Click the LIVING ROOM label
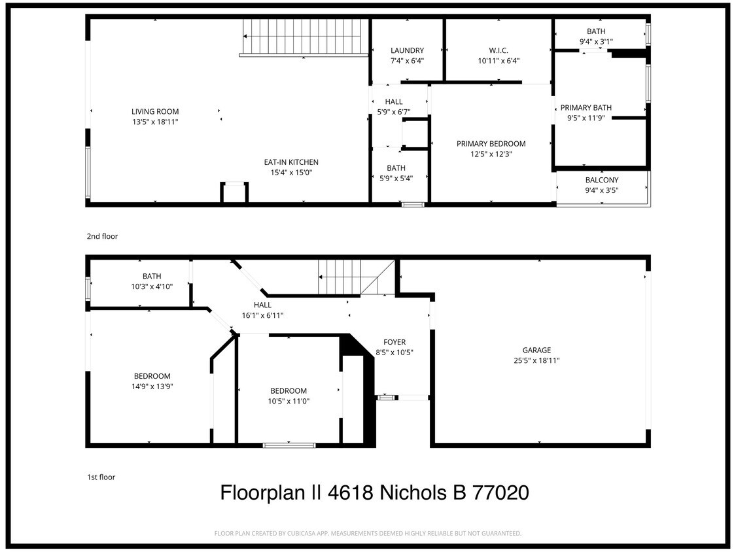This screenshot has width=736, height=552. pos(154,112)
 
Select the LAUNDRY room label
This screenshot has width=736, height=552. pos(407,50)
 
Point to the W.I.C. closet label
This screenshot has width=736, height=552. pos(499,50)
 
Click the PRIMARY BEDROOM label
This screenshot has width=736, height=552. pos(491,144)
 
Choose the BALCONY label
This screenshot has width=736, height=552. pos(602,180)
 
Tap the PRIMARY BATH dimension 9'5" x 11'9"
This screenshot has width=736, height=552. pos(586,118)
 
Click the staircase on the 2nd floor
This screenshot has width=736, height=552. pos(304,37)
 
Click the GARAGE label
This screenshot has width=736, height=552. pos(536,350)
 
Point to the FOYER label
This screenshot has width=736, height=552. pos(394,342)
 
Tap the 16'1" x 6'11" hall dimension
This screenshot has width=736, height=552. pos(262,315)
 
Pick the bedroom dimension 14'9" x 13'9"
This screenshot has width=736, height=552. pos(152,386)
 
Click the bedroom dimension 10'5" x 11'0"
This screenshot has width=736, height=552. pos(289,401)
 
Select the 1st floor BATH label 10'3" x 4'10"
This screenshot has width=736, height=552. pos(152,276)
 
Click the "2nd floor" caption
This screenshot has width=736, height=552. pos(102,236)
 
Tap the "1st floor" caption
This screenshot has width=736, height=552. pos(101,477)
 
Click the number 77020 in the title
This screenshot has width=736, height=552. pos(500,492)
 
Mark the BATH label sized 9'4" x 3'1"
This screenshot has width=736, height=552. pos(596,31)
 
